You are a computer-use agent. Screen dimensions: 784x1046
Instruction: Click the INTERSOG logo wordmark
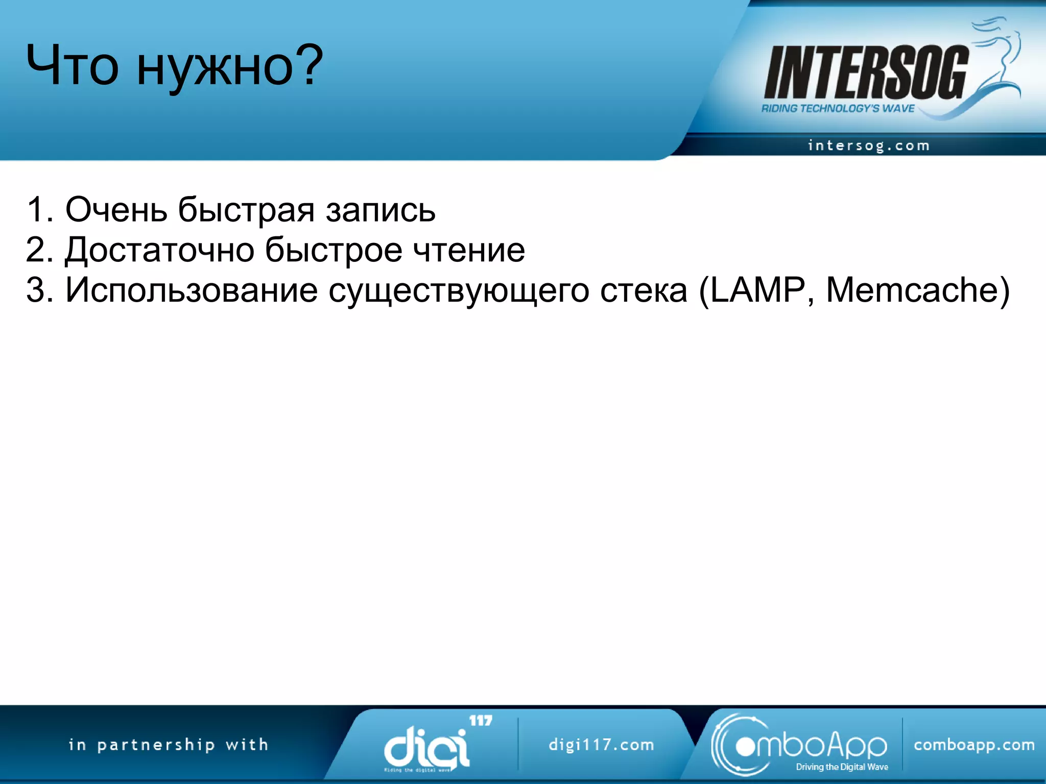tap(865, 72)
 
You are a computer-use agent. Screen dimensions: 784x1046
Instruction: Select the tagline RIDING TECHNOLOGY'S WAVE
tap(838, 108)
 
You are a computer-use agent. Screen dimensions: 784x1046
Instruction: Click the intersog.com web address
tap(868, 145)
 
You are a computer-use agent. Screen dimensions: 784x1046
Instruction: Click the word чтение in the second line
tap(468, 250)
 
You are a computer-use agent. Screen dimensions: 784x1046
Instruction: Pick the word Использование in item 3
tap(192, 290)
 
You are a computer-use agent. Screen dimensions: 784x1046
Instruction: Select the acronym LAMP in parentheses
tap(758, 290)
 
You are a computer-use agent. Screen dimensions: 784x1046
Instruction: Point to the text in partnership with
tap(169, 745)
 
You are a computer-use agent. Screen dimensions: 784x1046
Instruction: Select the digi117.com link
tap(601, 745)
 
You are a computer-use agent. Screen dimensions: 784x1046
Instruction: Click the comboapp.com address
tap(974, 745)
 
